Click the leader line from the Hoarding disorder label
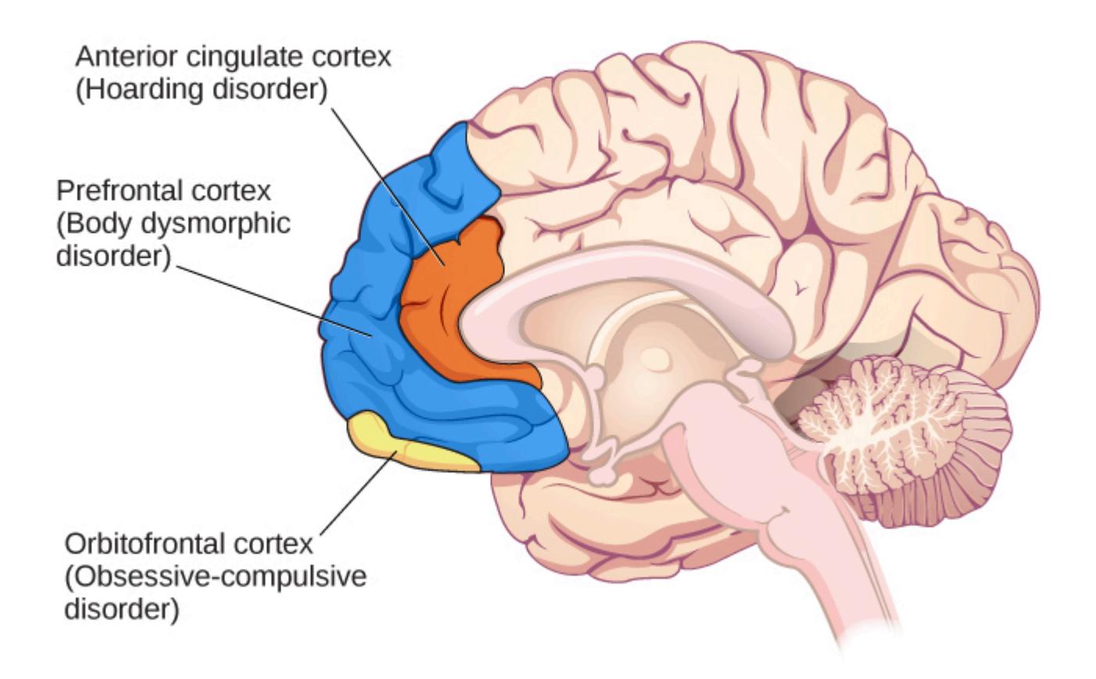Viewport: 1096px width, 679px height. pyautogui.click(x=388, y=187)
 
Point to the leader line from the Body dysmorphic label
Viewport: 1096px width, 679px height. pyautogui.click(x=274, y=302)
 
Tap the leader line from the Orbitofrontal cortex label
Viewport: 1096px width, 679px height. pyautogui.click(x=358, y=493)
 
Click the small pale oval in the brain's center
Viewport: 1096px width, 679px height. pyautogui.click(x=654, y=359)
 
